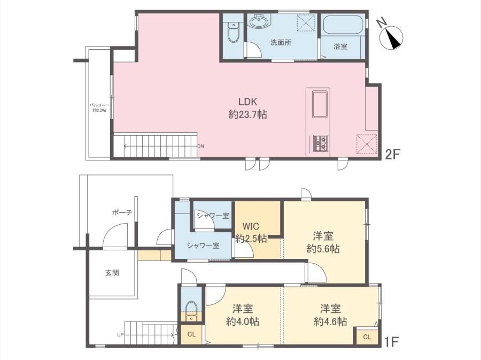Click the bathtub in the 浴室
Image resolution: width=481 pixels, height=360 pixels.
pos(343,25)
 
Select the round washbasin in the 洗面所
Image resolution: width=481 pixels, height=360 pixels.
pos(259,21)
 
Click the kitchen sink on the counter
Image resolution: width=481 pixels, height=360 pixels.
pos(320,104)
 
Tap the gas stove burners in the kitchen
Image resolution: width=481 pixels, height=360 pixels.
pos(320,143)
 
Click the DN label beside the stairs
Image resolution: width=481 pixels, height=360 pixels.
pos(200,146)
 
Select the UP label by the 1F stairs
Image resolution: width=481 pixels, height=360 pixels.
pos(120,334)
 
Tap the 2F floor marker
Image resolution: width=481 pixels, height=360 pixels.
pos(392,154)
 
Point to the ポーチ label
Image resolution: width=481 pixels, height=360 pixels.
pos(122,212)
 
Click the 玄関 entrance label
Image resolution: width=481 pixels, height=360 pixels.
pos(112,272)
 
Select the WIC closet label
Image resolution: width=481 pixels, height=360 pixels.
pos(251,226)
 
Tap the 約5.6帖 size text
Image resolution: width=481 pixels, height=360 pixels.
pos(323,249)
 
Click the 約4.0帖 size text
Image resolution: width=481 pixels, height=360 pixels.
pos(243,321)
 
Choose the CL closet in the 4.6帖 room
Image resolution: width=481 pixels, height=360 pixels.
pos(367,336)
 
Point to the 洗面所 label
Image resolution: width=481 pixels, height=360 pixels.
pos(281,43)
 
